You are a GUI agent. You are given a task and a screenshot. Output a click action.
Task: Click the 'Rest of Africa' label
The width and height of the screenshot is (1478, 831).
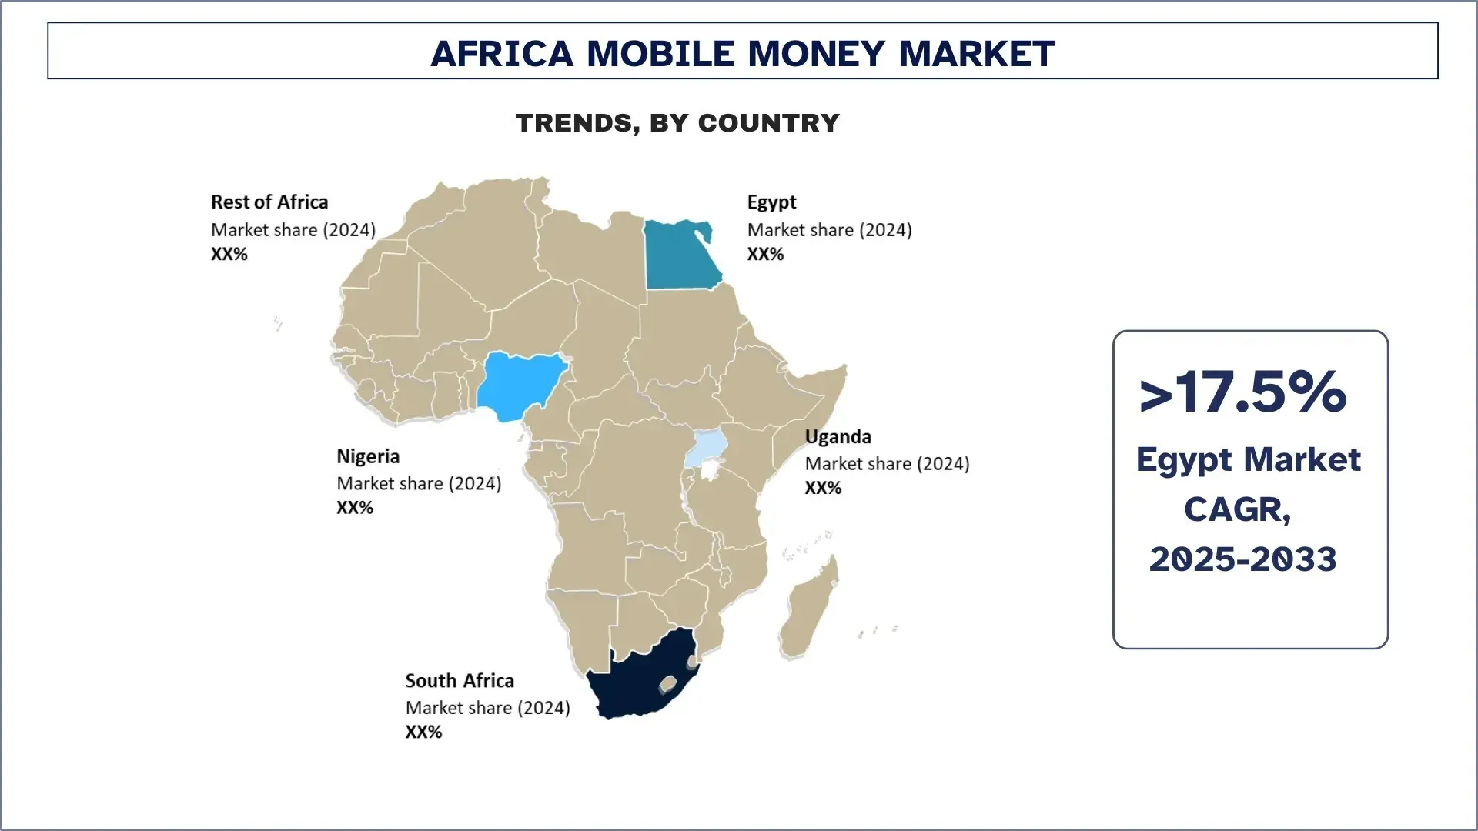[x=269, y=202]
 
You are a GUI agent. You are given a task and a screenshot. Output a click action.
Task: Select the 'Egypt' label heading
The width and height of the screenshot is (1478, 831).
[x=771, y=202]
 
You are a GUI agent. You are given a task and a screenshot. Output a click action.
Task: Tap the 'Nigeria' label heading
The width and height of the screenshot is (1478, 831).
[x=368, y=457]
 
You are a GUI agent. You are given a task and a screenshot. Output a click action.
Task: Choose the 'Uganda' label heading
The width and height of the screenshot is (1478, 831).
[x=838, y=437]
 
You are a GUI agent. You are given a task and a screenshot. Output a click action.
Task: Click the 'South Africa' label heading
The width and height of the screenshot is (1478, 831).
[x=460, y=681]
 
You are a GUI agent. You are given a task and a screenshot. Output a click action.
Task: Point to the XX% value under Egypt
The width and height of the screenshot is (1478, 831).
[x=765, y=255]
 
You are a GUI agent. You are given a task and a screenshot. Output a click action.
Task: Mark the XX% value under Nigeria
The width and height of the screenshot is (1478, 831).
[x=355, y=508]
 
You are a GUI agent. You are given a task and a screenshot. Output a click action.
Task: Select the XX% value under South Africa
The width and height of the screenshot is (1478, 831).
[x=424, y=733]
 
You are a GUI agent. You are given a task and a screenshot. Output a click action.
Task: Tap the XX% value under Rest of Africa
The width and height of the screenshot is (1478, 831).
[x=229, y=255]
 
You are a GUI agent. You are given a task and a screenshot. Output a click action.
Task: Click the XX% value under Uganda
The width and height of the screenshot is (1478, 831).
[x=823, y=488]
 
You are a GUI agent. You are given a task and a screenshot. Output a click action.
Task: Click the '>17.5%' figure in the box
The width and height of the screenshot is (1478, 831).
[x=1243, y=393]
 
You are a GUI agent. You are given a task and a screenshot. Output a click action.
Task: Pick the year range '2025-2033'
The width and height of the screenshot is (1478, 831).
[x=1243, y=559]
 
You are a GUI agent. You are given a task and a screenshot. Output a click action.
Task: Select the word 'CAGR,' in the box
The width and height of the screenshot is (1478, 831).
[x=1238, y=509]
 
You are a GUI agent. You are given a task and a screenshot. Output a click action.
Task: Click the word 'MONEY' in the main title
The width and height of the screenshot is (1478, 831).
[x=816, y=54]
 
